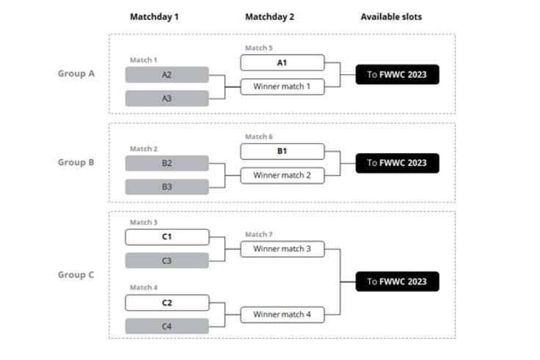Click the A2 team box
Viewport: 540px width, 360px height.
point(167,75)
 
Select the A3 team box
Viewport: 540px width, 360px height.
point(167,98)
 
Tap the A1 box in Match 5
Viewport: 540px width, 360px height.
point(282,62)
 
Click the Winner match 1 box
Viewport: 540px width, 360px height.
point(282,87)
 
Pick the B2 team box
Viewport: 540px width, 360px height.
point(167,163)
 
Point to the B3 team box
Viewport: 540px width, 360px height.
point(167,187)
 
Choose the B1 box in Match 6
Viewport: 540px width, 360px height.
point(282,152)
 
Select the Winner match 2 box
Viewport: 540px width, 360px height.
point(282,175)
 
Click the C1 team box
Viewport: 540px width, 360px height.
point(167,237)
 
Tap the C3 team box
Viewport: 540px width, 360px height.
point(167,260)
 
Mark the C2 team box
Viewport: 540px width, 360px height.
point(167,303)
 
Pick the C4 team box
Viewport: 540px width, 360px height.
point(167,326)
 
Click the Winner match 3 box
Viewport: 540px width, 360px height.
point(282,249)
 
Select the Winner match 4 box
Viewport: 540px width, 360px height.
point(282,315)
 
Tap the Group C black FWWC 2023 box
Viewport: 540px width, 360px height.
point(398,282)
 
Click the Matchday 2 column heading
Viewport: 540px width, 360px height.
point(270,17)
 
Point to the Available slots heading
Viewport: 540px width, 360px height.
point(391,17)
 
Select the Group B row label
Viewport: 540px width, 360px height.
point(76,163)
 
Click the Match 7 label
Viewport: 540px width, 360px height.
point(259,235)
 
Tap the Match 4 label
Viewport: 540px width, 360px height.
point(144,287)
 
